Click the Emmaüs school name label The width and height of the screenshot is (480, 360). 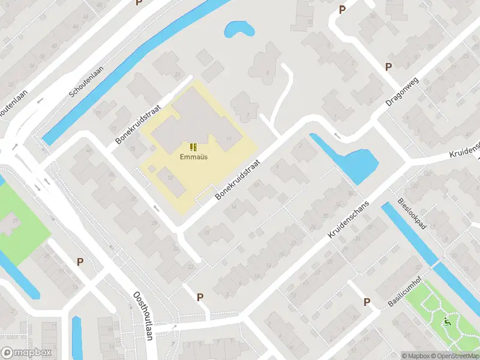192,158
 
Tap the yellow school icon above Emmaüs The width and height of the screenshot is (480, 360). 192,147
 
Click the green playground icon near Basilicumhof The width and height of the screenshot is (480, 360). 446,323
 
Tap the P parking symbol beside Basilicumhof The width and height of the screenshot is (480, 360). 367,302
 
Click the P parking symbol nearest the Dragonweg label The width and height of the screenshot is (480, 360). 388,67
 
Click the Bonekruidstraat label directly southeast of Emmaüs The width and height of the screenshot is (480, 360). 239,180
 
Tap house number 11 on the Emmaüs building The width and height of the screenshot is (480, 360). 229,139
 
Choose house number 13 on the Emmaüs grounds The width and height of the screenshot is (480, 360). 171,178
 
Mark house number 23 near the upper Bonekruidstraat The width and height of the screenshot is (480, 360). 178,74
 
